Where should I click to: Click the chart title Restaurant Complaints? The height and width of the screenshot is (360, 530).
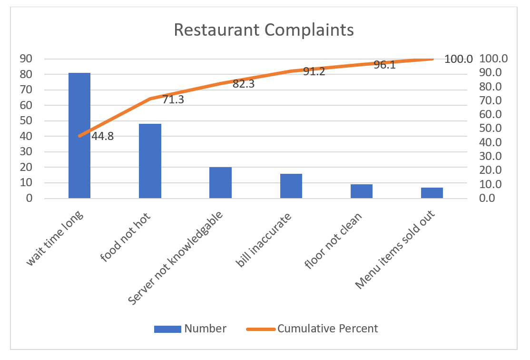coord(264,30)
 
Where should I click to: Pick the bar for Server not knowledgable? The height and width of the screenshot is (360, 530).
coord(220,183)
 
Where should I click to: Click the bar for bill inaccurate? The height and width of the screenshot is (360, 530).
coord(291,186)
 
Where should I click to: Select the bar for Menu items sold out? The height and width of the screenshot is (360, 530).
coord(432,193)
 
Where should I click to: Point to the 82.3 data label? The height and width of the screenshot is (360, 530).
coord(243,84)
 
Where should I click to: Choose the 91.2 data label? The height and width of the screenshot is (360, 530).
coord(314,72)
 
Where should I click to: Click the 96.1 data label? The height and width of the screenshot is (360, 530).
coord(384,65)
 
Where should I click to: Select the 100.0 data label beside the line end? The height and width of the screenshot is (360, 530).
coord(459,60)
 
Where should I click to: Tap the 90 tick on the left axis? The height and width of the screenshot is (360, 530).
coord(26,59)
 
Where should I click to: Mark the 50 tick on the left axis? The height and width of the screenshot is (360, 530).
coord(26,121)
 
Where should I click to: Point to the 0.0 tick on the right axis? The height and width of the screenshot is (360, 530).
coord(490,198)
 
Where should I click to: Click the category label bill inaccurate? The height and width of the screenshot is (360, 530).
coord(263,237)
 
